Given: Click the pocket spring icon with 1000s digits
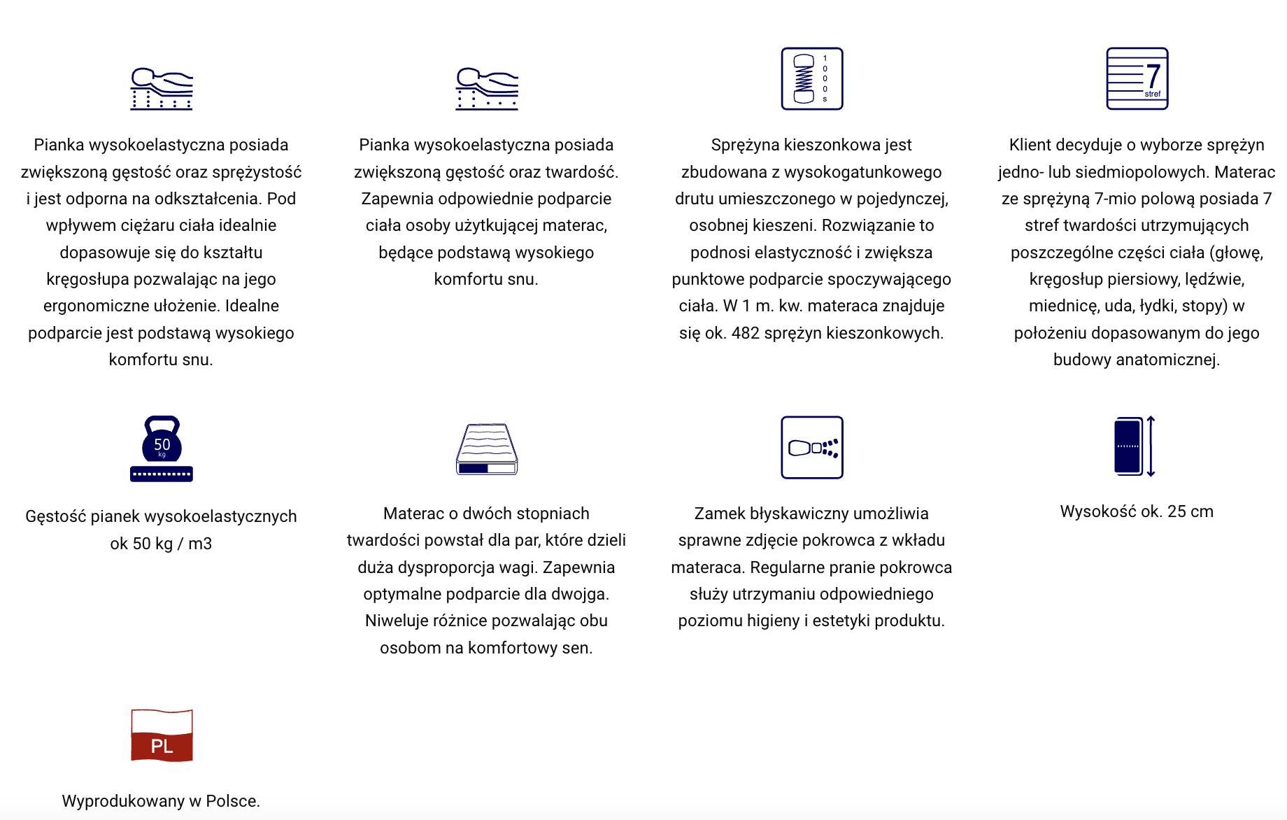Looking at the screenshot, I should click(x=811, y=78).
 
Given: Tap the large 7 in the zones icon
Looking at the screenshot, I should click(x=1153, y=76).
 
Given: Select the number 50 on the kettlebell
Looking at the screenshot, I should click(x=162, y=444).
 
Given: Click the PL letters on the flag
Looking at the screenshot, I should click(x=162, y=746).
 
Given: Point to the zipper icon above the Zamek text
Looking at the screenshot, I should click(x=811, y=448).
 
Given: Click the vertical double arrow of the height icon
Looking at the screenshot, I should click(x=1151, y=446).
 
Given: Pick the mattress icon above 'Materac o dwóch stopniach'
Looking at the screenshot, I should click(x=487, y=449).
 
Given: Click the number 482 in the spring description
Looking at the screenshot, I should click(x=745, y=333).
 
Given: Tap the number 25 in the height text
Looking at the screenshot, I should click(x=1176, y=511).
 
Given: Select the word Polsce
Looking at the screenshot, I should click(x=232, y=801).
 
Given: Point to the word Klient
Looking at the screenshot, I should click(x=1030, y=145).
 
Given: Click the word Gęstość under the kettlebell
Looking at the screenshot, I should click(x=55, y=516).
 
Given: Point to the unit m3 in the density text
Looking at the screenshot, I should click(x=200, y=544).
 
